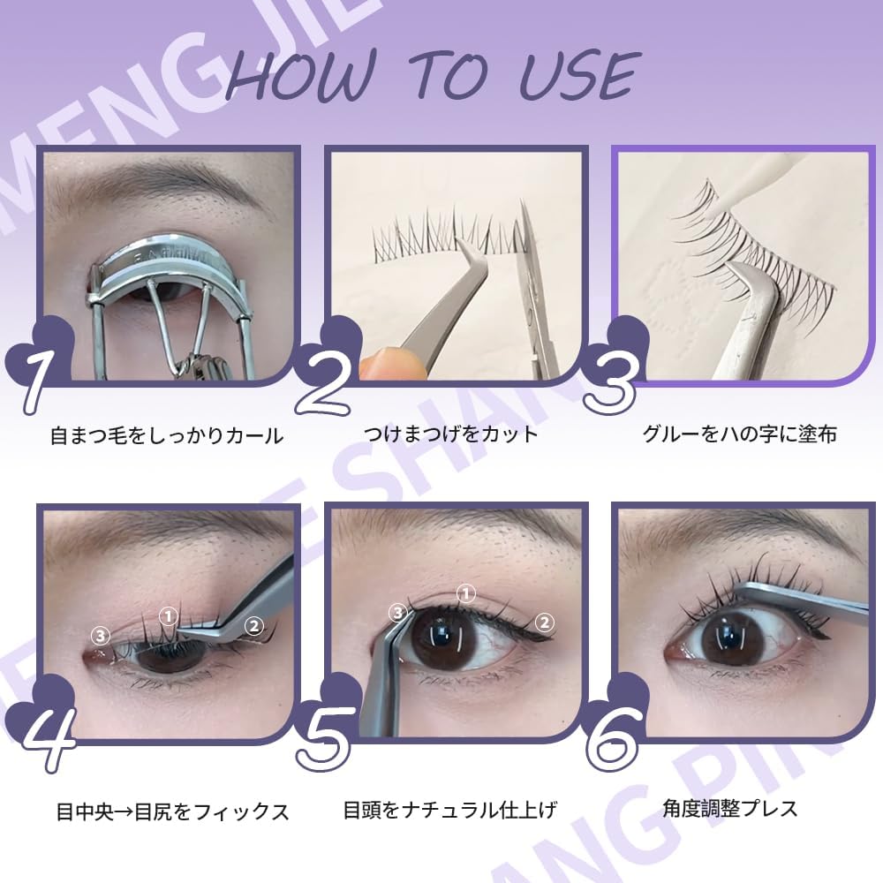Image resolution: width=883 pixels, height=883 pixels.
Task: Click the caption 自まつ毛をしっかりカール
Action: click(167, 435)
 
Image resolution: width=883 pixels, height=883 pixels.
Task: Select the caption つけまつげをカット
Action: click(450, 434)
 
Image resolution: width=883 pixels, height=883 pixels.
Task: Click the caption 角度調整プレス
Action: click(729, 807)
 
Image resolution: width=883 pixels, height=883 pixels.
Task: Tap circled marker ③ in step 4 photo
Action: click(101, 635)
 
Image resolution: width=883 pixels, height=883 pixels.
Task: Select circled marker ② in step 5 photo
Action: click(545, 623)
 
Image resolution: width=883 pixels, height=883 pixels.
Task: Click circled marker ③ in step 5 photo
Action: click(399, 611)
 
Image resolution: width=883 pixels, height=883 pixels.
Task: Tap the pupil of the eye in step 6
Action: click(729, 636)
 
